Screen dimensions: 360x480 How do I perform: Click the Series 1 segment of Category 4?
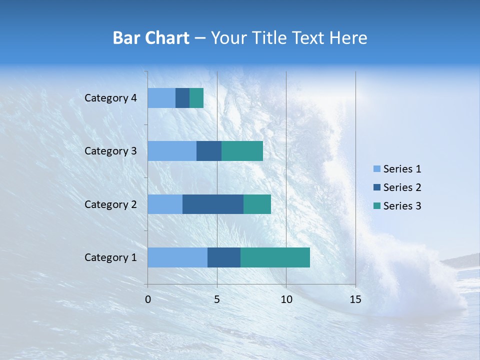tap(161, 98)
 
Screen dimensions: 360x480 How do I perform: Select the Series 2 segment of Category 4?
tap(182, 98)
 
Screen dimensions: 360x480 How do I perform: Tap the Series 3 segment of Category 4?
tap(196, 98)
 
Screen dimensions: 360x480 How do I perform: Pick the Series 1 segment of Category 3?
tap(172, 151)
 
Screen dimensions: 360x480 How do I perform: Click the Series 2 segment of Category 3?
tap(209, 151)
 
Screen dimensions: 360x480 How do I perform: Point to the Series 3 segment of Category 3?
tap(242, 151)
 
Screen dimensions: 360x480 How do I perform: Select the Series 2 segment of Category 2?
tap(213, 204)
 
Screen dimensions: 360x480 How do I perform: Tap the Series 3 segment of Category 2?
tap(257, 204)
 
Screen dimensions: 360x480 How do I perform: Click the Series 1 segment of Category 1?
tap(177, 257)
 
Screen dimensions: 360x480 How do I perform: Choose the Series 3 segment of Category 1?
tap(275, 257)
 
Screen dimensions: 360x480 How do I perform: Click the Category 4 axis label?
tap(110, 98)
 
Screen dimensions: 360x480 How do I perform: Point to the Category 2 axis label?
tap(110, 204)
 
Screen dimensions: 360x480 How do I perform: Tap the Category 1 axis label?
tap(110, 257)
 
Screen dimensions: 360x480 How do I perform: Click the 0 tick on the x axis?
tap(148, 299)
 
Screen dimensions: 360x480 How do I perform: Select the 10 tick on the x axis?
tap(286, 299)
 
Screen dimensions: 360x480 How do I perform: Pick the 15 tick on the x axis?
tap(355, 299)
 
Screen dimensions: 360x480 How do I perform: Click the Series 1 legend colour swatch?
tap(377, 169)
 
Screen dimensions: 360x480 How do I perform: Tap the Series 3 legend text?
tap(402, 206)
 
